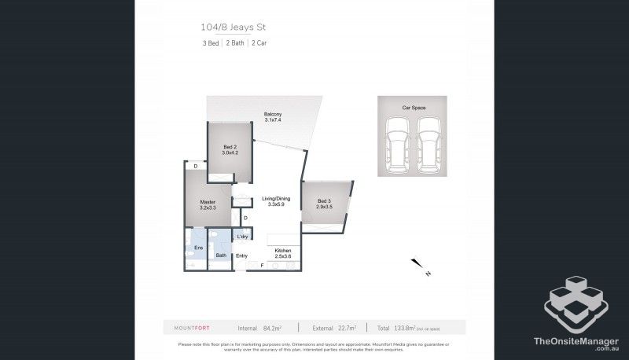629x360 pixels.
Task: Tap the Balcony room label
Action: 273,116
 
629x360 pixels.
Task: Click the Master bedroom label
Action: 208,202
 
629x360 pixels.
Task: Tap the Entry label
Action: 242,255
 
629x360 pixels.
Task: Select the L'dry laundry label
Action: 243,236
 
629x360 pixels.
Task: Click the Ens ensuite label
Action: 198,248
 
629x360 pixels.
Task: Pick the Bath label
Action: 221,255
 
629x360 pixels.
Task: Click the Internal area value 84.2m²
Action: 274,327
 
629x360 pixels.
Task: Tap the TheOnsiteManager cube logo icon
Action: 578,302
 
